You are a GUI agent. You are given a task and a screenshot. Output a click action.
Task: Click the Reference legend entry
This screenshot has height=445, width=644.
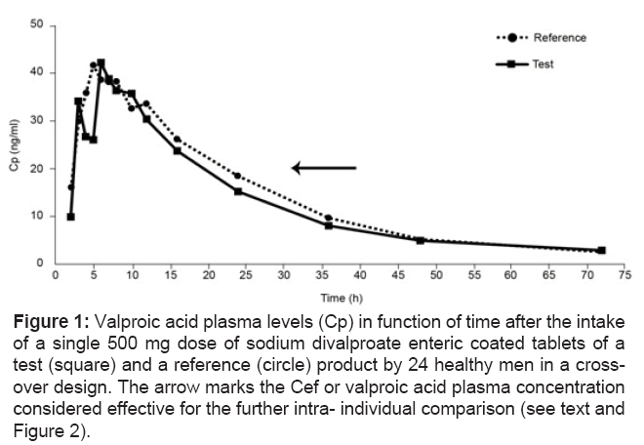(559, 38)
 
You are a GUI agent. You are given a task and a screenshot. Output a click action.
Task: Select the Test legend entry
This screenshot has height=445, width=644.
(543, 63)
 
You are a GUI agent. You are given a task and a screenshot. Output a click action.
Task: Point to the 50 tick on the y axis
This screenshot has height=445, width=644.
(36, 24)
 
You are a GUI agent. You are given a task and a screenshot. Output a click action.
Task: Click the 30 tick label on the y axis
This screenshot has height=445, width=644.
(36, 120)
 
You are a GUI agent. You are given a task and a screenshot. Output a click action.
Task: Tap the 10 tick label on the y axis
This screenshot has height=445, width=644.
(36, 216)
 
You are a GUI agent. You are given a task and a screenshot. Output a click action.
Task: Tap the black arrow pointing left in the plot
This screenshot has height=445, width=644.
(324, 168)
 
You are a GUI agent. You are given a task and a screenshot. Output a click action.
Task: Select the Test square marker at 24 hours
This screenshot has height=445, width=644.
(238, 191)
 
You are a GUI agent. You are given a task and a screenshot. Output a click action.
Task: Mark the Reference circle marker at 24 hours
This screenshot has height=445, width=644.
(237, 176)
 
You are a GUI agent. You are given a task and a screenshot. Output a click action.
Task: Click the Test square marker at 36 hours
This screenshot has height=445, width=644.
(329, 225)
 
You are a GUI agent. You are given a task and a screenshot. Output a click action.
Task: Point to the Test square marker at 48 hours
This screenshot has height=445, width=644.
(420, 240)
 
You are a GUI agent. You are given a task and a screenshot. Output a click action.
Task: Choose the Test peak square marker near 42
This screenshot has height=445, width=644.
(101, 63)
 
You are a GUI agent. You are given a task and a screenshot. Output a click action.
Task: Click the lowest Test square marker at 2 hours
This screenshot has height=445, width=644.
(70, 217)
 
